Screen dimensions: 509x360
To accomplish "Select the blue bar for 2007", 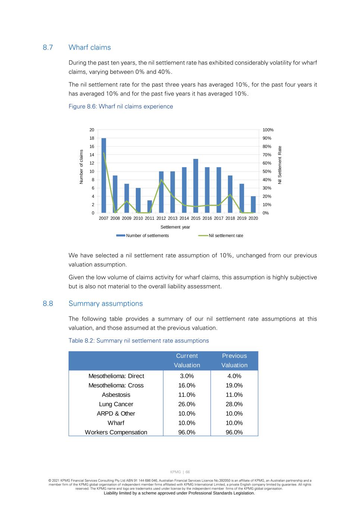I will [104, 175].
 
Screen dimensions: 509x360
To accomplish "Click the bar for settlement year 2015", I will [195, 186].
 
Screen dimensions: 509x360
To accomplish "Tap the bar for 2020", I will [253, 204].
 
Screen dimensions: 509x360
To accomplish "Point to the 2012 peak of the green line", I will [161, 180].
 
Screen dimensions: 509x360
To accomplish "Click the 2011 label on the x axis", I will [150, 219].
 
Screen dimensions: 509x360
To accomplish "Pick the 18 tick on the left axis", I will [92, 138].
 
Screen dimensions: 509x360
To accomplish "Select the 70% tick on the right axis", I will [267, 155].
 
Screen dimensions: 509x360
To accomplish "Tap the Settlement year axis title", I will [175, 227].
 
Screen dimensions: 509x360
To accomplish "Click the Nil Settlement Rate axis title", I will [280, 165].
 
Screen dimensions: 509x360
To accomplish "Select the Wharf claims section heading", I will [90, 47].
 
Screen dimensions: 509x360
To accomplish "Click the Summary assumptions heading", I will [106, 304].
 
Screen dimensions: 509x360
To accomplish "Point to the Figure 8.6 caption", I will [120, 107].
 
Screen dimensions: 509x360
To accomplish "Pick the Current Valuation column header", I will [187, 361].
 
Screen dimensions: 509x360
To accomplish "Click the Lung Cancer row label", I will [116, 404].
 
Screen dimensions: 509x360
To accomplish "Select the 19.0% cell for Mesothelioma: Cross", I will [234, 386].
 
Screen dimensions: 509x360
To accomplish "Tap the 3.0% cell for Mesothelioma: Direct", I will [187, 376].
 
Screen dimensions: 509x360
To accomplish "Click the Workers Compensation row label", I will [116, 432].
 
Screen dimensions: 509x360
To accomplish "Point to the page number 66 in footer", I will [188, 472].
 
